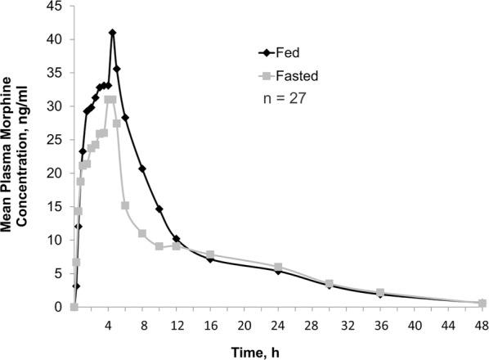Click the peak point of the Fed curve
pos(112,33)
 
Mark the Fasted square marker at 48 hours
pos(482,304)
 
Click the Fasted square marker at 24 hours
pos(278,268)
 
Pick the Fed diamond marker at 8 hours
pos(142,169)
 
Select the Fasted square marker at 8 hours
pos(142,233)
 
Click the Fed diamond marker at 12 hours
pos(176,239)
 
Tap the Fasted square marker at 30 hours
pos(329,284)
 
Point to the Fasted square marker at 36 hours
pos(380,293)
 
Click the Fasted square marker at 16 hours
pos(210,255)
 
